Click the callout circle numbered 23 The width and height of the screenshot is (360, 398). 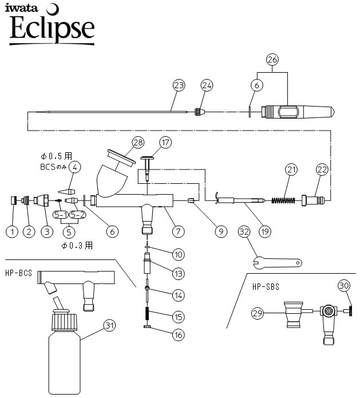[179, 85]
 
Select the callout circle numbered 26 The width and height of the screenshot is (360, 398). [272, 59]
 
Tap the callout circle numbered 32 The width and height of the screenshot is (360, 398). [245, 232]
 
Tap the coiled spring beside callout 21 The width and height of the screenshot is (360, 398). [282, 200]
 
